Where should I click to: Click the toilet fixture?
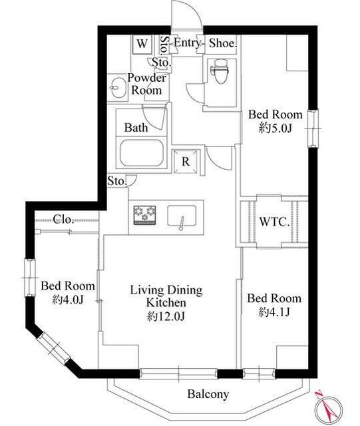pyautogui.click(x=220, y=71)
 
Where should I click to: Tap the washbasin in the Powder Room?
pyautogui.click(x=118, y=87)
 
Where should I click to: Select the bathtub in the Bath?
pyautogui.click(x=142, y=153)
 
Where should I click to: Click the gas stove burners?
pyautogui.click(x=144, y=215)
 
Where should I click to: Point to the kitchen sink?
pyautogui.click(x=182, y=216)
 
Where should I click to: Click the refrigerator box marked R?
pyautogui.click(x=186, y=161)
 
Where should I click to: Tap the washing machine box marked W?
pyautogui.click(x=142, y=44)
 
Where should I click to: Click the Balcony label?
pyautogui.click(x=208, y=394)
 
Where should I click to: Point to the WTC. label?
pyautogui.click(x=274, y=222)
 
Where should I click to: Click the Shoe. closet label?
pyautogui.click(x=223, y=43)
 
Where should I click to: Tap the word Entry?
pyautogui.click(x=187, y=43)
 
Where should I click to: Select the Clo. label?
pyautogui.click(x=63, y=219)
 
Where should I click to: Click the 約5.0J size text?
pyautogui.click(x=275, y=128)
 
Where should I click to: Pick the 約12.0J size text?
pyautogui.click(x=166, y=316)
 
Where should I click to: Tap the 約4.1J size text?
pyautogui.click(x=274, y=312)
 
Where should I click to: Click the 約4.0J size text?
pyautogui.click(x=68, y=300)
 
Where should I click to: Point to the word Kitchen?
pyautogui.click(x=166, y=303)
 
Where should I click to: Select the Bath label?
pyautogui.click(x=136, y=128)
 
